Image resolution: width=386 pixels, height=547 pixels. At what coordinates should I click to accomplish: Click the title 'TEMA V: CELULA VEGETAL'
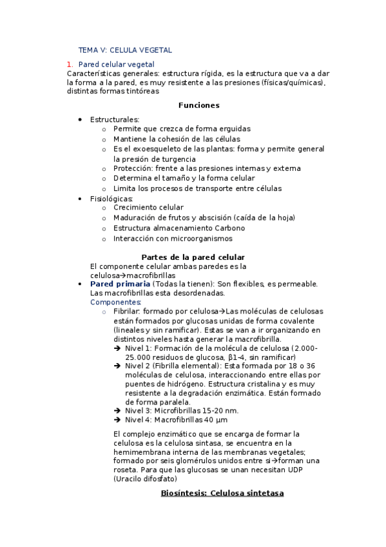(125, 50)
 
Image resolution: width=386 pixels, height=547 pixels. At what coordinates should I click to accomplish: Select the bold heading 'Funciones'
(198, 105)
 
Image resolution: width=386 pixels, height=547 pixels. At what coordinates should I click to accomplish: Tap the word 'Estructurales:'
(115, 119)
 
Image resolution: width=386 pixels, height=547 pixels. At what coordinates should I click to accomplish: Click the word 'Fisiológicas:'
(112, 199)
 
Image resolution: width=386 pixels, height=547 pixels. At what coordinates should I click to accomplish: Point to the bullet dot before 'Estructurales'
(80, 119)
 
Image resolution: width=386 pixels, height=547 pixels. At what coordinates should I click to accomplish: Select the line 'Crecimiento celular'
(148, 208)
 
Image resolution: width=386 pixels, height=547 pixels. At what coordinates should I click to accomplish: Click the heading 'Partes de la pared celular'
(193, 256)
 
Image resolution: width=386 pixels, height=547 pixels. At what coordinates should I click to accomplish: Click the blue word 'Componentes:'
(115, 302)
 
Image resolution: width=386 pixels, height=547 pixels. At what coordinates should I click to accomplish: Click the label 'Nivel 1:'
(139, 348)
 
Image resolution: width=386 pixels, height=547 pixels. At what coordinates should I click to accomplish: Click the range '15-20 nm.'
(220, 410)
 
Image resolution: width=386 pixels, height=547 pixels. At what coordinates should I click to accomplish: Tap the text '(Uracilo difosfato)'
(144, 479)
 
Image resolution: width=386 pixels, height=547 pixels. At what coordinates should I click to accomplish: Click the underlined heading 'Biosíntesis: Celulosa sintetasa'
(222, 493)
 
